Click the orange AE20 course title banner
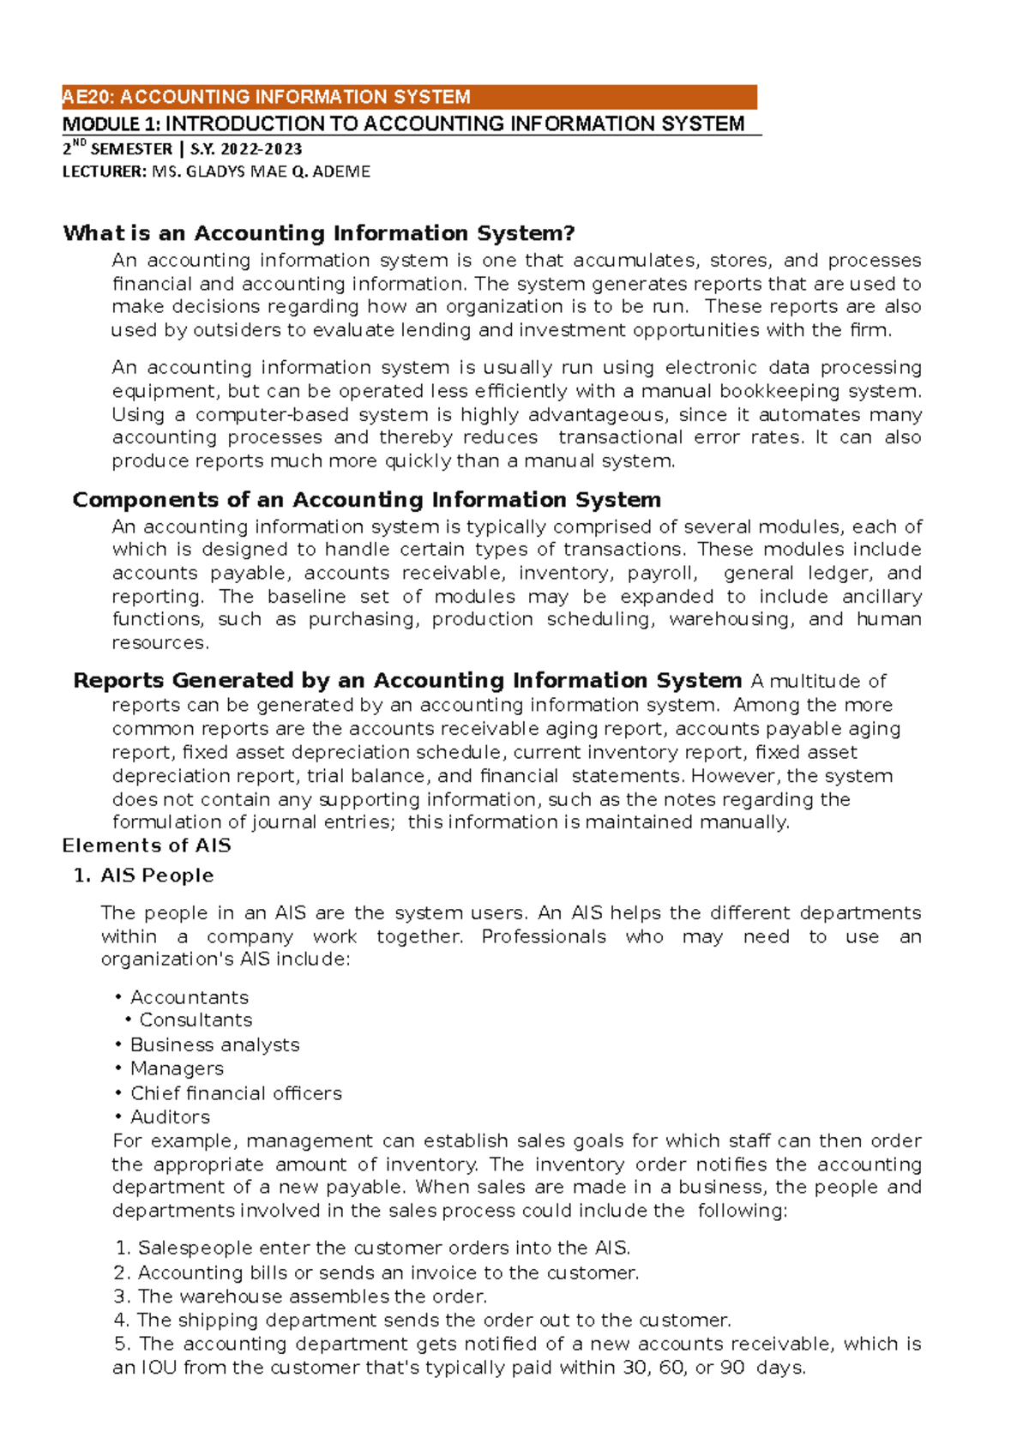click(x=408, y=97)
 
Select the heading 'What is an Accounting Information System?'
click(x=318, y=233)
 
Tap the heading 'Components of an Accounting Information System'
click(x=366, y=500)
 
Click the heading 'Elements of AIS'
click(x=147, y=845)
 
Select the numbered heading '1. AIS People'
click(x=144, y=875)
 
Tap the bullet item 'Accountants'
click(x=189, y=997)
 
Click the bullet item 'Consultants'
click(x=196, y=1020)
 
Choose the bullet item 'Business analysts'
click(x=214, y=1044)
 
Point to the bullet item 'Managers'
click(x=177, y=1068)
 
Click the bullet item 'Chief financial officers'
click(x=236, y=1093)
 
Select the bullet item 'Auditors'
click(x=170, y=1117)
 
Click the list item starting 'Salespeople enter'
click(x=383, y=1248)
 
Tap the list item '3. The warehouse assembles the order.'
click(x=300, y=1296)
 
